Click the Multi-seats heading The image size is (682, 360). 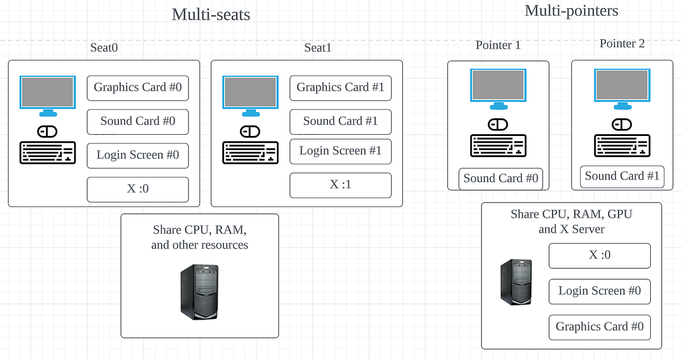pos(211,14)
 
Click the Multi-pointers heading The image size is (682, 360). pos(571,10)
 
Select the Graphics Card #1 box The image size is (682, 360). pos(340,87)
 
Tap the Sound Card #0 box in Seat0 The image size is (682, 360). pos(138,121)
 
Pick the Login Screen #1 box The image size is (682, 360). pos(340,151)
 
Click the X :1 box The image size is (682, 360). pos(340,185)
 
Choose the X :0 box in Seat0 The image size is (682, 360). pos(138,189)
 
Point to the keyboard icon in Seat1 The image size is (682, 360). pos(250,152)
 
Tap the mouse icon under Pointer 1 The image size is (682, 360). pos(498,125)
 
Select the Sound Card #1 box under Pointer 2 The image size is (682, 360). pos(622,176)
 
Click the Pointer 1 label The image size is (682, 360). pos(498,45)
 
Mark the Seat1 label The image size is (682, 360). pos(318,48)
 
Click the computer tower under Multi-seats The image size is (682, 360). pos(199,291)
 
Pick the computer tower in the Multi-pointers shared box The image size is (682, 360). pos(516,282)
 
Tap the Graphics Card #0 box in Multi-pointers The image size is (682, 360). pos(600,327)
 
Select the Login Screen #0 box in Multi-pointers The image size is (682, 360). pos(600,291)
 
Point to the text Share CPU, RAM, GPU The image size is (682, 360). pos(571,214)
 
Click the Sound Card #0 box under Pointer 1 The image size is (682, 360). pos(501,179)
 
